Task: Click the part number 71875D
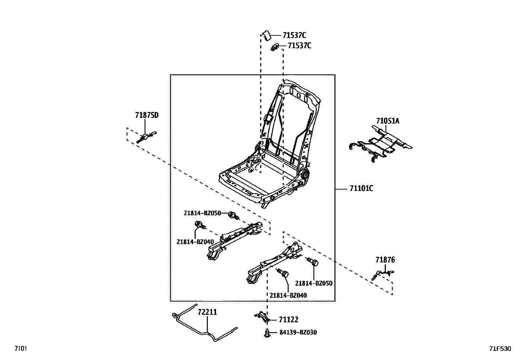[x=147, y=115]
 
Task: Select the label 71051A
[x=388, y=121]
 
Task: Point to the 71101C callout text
[x=361, y=188]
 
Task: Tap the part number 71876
[x=385, y=260]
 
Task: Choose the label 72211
[x=207, y=312]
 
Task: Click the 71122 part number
[x=289, y=320]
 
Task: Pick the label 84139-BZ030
[x=298, y=332]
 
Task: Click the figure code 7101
[x=21, y=348]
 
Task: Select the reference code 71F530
[x=500, y=349]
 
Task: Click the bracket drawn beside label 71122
[x=262, y=316]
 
